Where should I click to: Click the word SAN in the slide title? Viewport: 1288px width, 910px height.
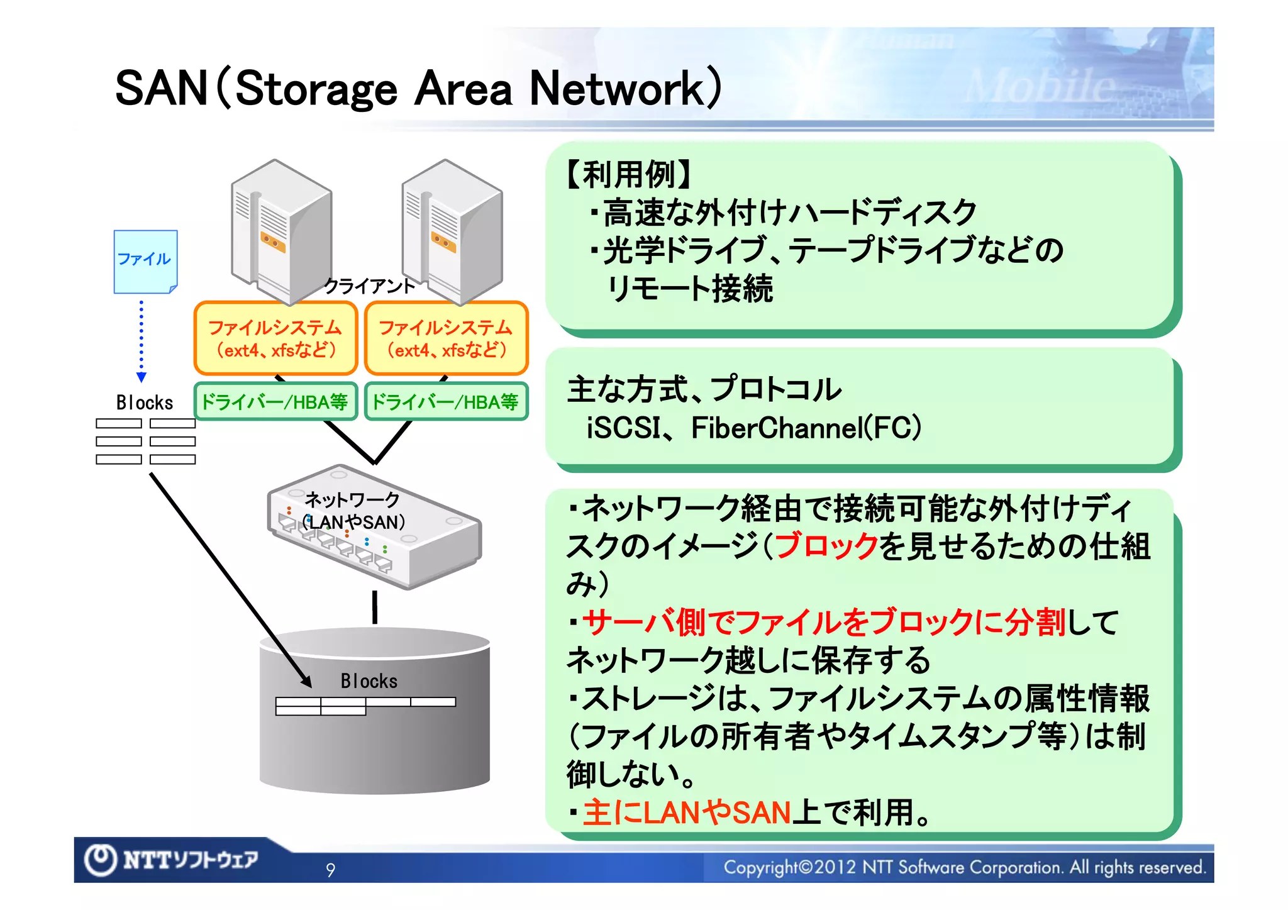pyautogui.click(x=161, y=88)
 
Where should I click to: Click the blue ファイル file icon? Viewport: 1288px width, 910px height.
pyautogui.click(x=145, y=261)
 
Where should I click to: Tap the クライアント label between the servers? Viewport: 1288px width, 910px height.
pyautogui.click(x=369, y=286)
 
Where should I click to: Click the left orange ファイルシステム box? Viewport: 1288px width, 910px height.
pyautogui.click(x=275, y=338)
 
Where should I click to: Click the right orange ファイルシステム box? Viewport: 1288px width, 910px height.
pyautogui.click(x=446, y=338)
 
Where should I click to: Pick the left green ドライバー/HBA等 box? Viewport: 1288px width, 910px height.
pyautogui.click(x=275, y=401)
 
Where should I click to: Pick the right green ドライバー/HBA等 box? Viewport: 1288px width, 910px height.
pyautogui.click(x=446, y=401)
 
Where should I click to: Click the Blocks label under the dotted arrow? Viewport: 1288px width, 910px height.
pyautogui.click(x=145, y=402)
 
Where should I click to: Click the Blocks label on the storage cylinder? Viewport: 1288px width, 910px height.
pyautogui.click(x=369, y=681)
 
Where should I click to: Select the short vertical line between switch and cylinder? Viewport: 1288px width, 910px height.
pyautogui.click(x=375, y=607)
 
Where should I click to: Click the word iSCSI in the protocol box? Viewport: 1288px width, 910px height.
pyautogui.click(x=623, y=428)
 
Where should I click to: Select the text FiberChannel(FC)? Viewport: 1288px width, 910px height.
pyautogui.click(x=806, y=428)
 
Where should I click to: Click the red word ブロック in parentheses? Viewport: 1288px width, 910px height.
pyautogui.click(x=826, y=546)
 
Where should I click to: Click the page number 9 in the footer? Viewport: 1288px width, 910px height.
pyautogui.click(x=331, y=870)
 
